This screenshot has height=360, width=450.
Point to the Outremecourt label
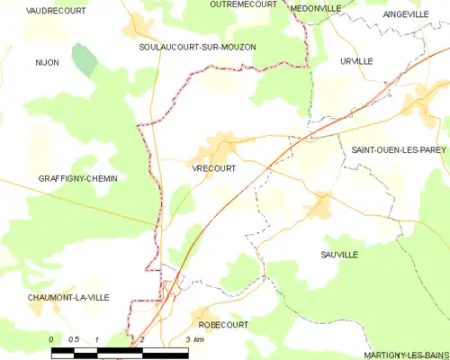243,4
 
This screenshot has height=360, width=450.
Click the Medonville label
316,7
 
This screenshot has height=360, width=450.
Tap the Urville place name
356,60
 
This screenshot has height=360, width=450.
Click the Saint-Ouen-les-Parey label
392,150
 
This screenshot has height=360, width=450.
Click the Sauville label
339,256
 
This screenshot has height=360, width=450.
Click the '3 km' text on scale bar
193,338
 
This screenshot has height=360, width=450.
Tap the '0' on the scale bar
52,338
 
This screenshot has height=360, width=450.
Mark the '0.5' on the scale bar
74,338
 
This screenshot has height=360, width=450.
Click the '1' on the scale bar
97,338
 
